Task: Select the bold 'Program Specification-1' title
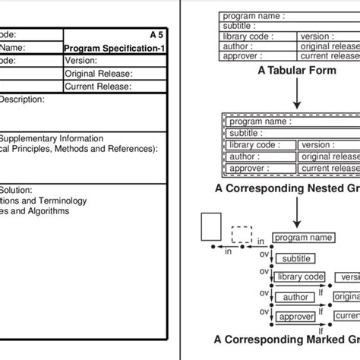[x=115, y=48]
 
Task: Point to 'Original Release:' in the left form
[x=99, y=74]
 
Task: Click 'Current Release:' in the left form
[x=98, y=87]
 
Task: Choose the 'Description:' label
[x=22, y=99]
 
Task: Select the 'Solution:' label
[x=16, y=190]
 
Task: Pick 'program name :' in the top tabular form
[x=251, y=16]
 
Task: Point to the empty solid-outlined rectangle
[x=211, y=227]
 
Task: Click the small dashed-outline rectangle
[x=242, y=234]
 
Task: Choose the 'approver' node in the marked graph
[x=295, y=317]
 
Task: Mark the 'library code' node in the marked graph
[x=300, y=277]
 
